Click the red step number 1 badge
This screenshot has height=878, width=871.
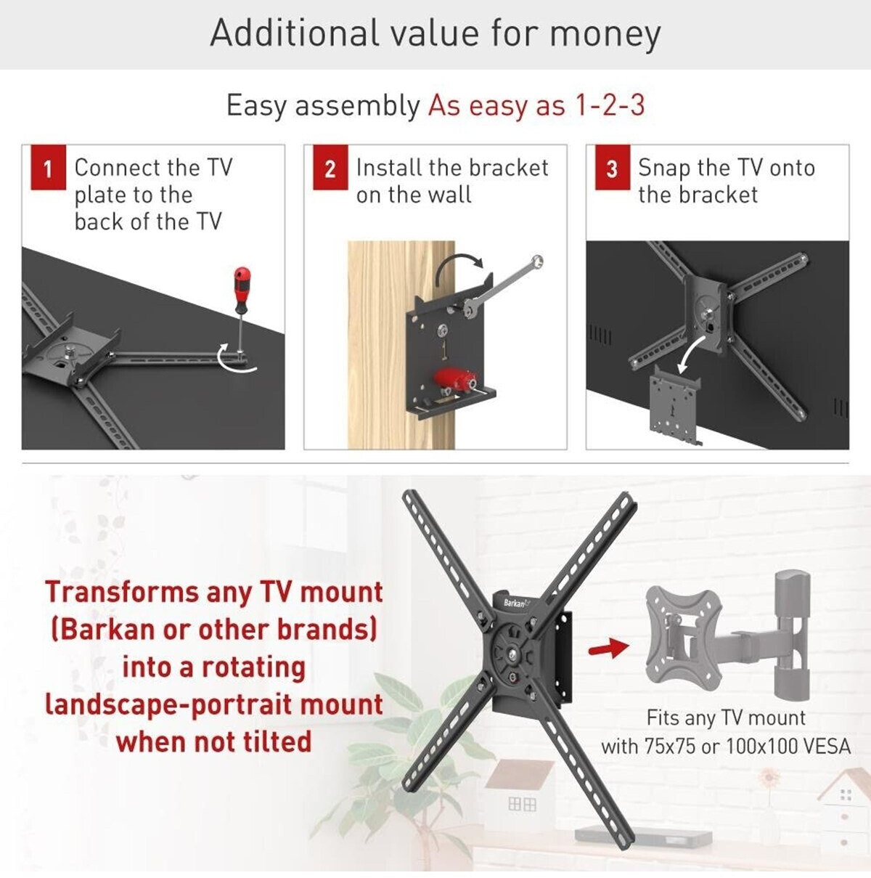[49, 167]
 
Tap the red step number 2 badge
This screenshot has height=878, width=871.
[330, 167]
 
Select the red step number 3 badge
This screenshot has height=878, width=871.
[613, 167]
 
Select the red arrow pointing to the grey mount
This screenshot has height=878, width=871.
[608, 648]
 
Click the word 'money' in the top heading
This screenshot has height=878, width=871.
[605, 33]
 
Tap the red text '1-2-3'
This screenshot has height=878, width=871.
[610, 105]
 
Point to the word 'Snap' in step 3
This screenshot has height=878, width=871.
[665, 169]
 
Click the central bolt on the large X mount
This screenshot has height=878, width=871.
[513, 655]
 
